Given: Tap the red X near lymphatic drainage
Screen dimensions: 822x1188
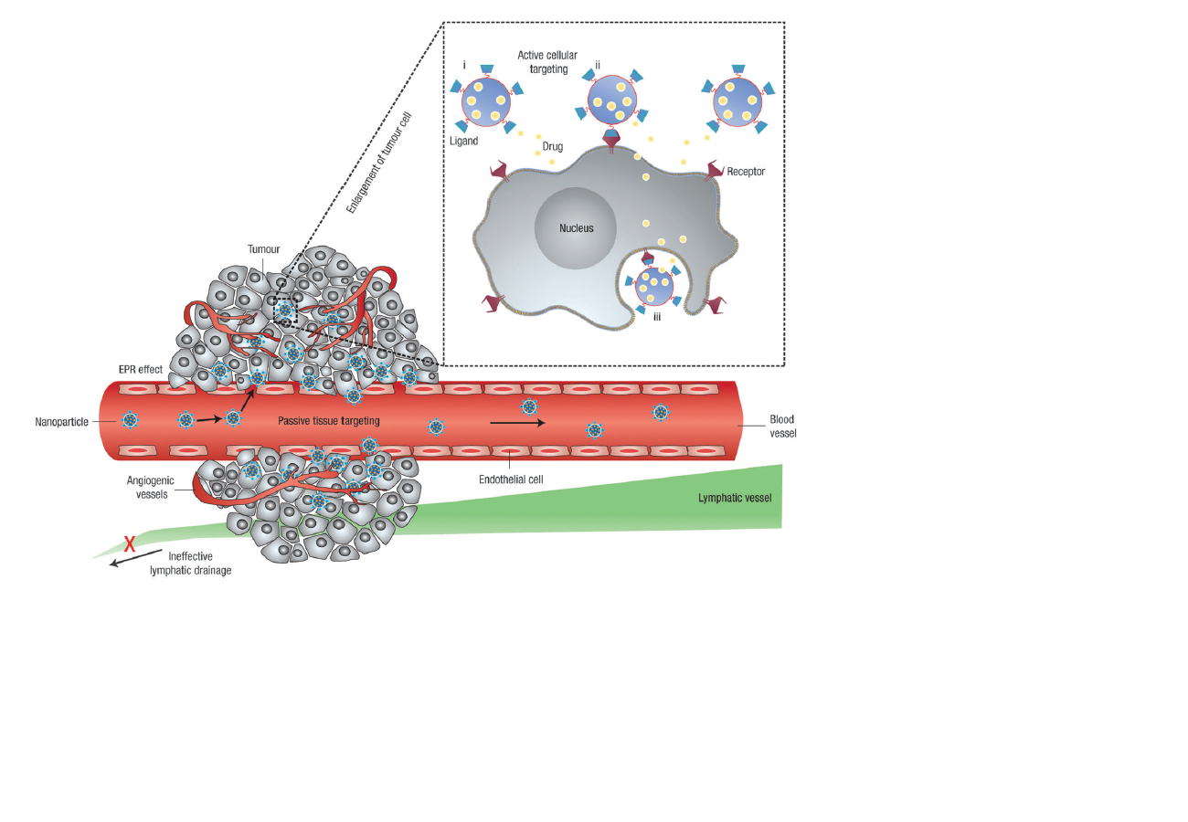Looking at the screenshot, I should click(130, 544).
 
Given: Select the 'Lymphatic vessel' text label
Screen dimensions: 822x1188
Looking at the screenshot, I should click(735, 498).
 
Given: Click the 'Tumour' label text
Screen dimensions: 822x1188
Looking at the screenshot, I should click(264, 248).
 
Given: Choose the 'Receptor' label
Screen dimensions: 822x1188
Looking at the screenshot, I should click(746, 171).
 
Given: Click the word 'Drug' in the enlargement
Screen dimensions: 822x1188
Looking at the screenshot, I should click(553, 145).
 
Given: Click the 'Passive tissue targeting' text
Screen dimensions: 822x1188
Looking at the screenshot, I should click(328, 420).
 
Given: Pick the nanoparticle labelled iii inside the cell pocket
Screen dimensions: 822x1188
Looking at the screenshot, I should click(654, 287).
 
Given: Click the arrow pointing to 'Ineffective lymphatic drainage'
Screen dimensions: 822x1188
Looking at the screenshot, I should click(128, 559).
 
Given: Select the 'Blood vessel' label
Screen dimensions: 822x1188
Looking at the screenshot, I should click(782, 426).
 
